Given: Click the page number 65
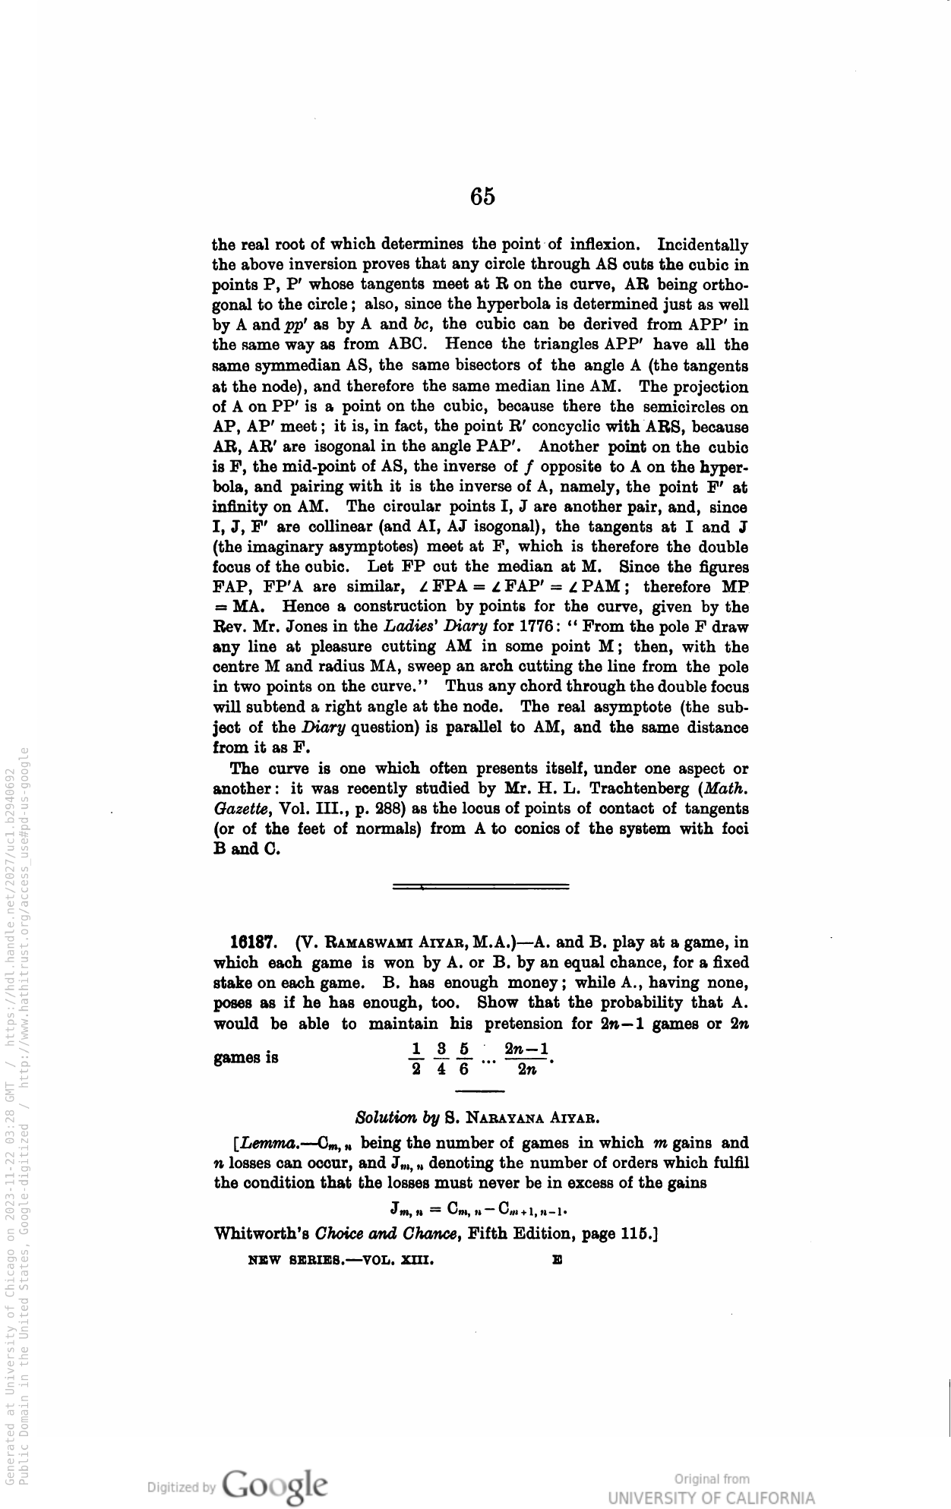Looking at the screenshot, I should (482, 197).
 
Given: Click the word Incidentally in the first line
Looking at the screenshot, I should (703, 245).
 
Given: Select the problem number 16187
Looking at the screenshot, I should (252, 943).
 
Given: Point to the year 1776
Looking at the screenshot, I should (537, 627).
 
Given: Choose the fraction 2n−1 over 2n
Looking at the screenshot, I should (526, 1060).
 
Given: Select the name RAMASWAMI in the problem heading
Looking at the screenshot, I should (349, 943).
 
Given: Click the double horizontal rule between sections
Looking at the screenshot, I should (482, 886).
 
